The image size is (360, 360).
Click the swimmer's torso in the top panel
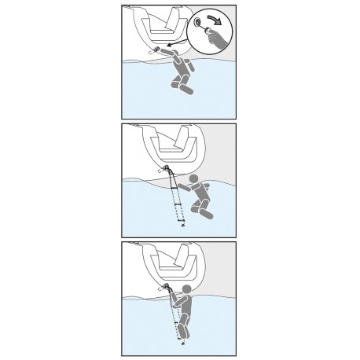click(x=182, y=72)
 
